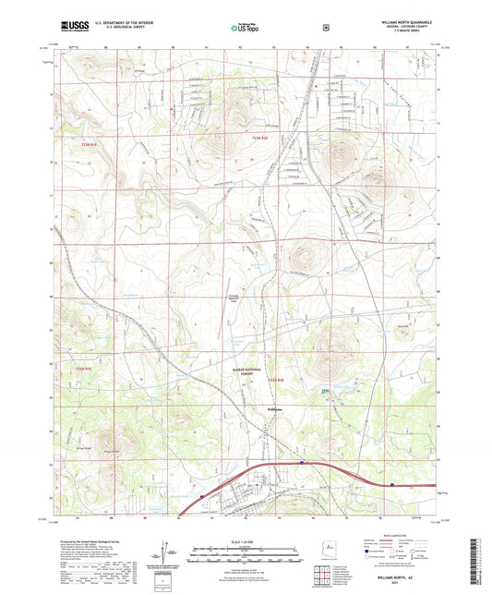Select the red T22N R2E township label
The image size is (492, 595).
tap(276, 380)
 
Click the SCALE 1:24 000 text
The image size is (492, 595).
tap(246, 540)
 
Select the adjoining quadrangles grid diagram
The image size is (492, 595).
tap(326, 575)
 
